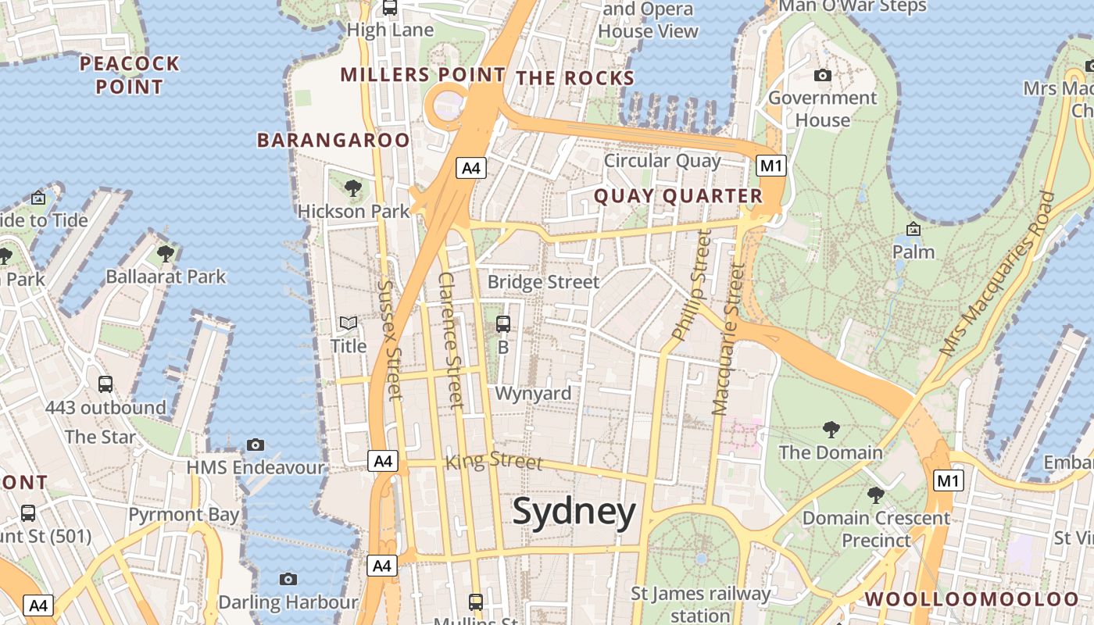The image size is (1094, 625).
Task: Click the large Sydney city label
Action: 574,512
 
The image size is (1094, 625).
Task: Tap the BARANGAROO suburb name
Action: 334,140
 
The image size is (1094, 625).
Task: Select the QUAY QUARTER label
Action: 678,196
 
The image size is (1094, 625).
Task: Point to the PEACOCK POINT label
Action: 130,75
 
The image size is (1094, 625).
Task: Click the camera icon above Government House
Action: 822,76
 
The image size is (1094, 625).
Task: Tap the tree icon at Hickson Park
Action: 353,187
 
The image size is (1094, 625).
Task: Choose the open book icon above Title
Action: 349,323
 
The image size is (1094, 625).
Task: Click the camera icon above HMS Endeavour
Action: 256,445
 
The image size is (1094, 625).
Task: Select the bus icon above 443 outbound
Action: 105,384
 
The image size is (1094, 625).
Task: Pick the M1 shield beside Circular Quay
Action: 771,166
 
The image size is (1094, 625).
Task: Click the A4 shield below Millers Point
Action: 472,168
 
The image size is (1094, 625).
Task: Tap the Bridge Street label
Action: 543,282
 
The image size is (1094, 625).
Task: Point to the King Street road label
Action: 493,461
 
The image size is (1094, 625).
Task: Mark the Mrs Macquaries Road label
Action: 996,275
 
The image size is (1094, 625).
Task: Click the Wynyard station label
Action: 533,393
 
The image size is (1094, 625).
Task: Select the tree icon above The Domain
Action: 831,429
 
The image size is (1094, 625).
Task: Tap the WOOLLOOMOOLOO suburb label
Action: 971,599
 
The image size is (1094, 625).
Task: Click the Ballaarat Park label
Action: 166,277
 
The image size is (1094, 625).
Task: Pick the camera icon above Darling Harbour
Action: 288,579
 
